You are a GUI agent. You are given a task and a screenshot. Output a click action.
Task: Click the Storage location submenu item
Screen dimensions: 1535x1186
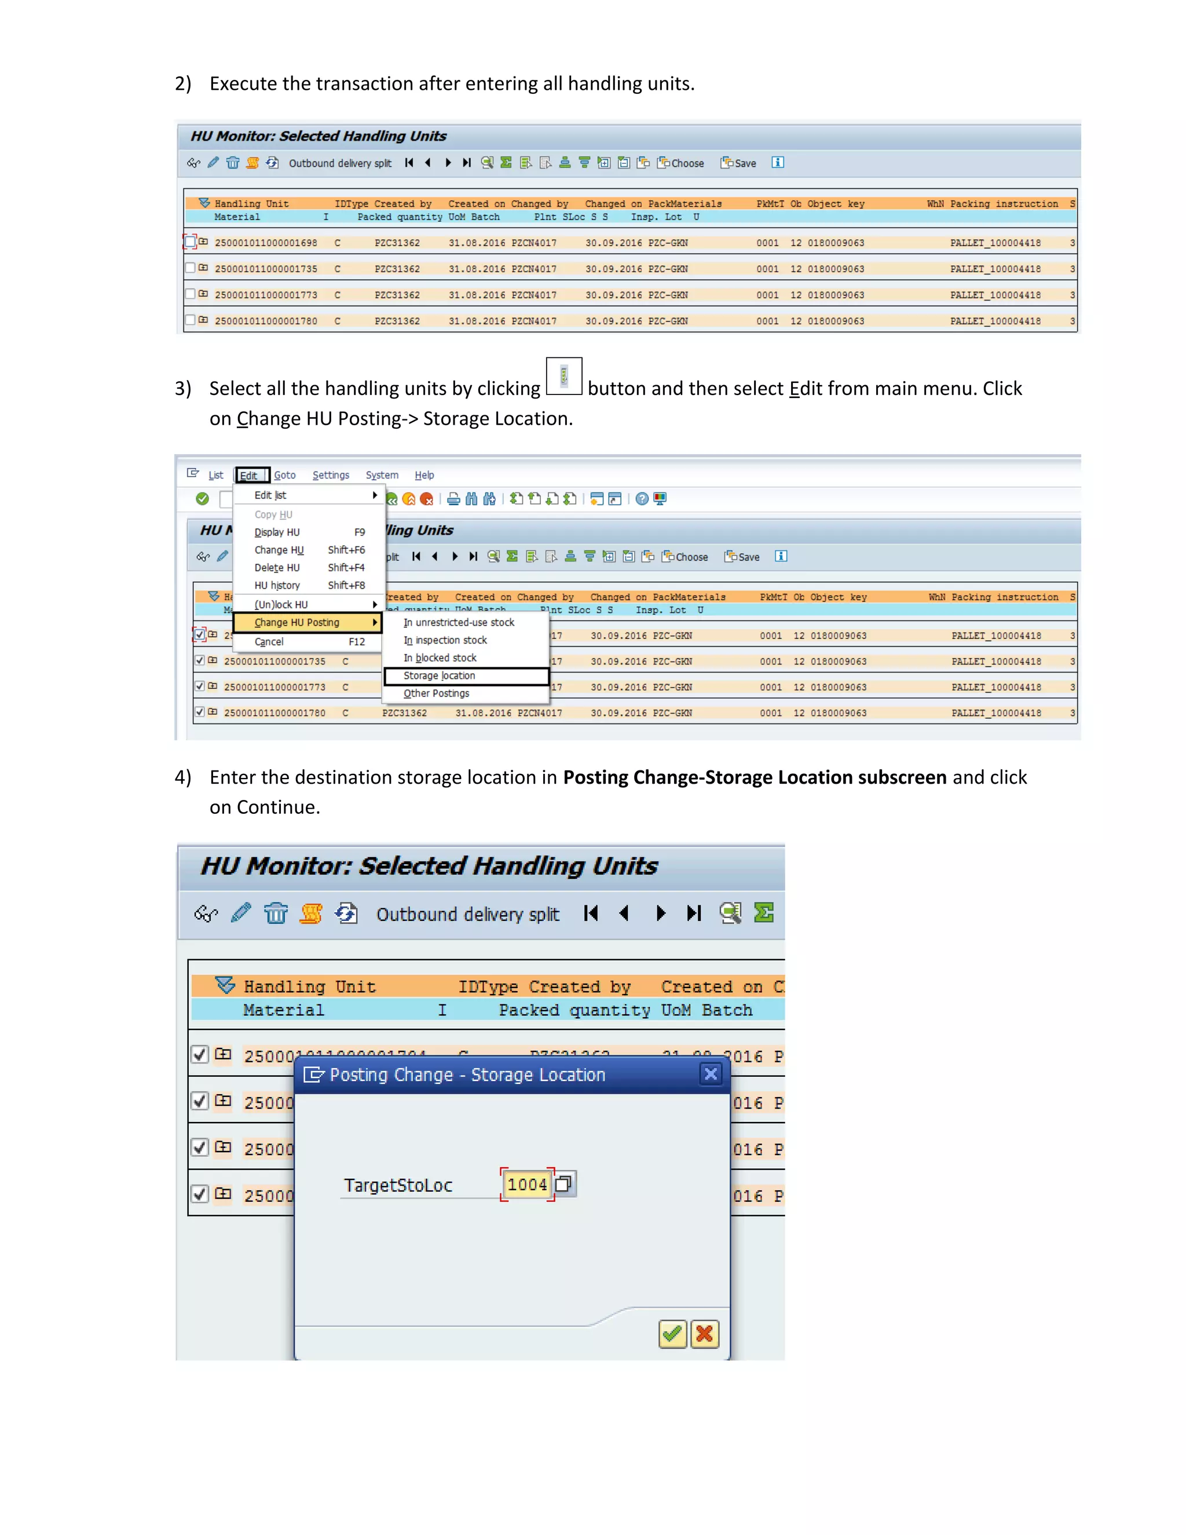(439, 675)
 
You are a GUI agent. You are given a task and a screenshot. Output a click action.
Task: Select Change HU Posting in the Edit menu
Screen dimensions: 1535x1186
(297, 623)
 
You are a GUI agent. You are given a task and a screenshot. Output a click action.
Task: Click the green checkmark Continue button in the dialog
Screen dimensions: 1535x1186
(672, 1334)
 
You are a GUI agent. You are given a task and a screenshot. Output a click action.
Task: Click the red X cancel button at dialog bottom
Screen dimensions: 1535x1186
(705, 1334)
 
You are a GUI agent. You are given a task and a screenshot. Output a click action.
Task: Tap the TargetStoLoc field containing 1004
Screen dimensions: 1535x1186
(527, 1185)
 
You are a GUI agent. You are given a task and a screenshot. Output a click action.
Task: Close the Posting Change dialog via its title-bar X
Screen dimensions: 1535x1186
(711, 1074)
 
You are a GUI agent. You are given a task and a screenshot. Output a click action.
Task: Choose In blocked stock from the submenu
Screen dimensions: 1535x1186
(440, 658)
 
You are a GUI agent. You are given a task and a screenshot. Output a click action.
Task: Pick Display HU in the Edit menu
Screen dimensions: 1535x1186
(277, 533)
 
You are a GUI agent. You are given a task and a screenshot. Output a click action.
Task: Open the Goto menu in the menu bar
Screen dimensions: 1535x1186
(284, 475)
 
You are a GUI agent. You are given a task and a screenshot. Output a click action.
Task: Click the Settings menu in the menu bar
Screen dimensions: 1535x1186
(330, 475)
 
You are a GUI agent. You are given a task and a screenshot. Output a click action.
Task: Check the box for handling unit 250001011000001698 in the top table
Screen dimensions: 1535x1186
(191, 243)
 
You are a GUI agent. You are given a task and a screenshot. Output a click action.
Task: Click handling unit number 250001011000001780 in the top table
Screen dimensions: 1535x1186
(266, 321)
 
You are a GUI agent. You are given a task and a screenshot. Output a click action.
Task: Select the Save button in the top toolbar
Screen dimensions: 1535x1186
(739, 163)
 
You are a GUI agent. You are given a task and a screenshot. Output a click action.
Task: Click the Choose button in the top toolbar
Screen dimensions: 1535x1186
(681, 163)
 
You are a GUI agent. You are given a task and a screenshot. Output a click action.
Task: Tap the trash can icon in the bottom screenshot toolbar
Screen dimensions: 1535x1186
(276, 913)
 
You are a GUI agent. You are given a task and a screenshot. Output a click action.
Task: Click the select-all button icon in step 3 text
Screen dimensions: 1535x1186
(563, 377)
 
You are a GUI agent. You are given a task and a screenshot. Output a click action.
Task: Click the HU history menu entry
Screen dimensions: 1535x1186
(277, 586)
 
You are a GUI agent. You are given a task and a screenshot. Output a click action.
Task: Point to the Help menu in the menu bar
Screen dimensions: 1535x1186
(424, 475)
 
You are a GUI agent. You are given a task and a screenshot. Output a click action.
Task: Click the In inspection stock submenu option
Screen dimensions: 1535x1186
(445, 640)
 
